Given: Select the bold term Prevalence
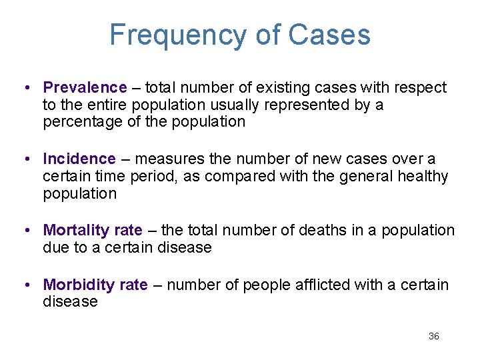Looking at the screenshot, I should (x=85, y=87).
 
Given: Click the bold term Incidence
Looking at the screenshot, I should (x=79, y=159).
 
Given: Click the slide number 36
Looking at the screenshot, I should (x=433, y=336).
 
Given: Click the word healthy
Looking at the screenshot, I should (x=423, y=176).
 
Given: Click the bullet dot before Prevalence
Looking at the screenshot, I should (x=24, y=87).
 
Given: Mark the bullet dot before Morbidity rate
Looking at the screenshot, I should (x=24, y=285).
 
